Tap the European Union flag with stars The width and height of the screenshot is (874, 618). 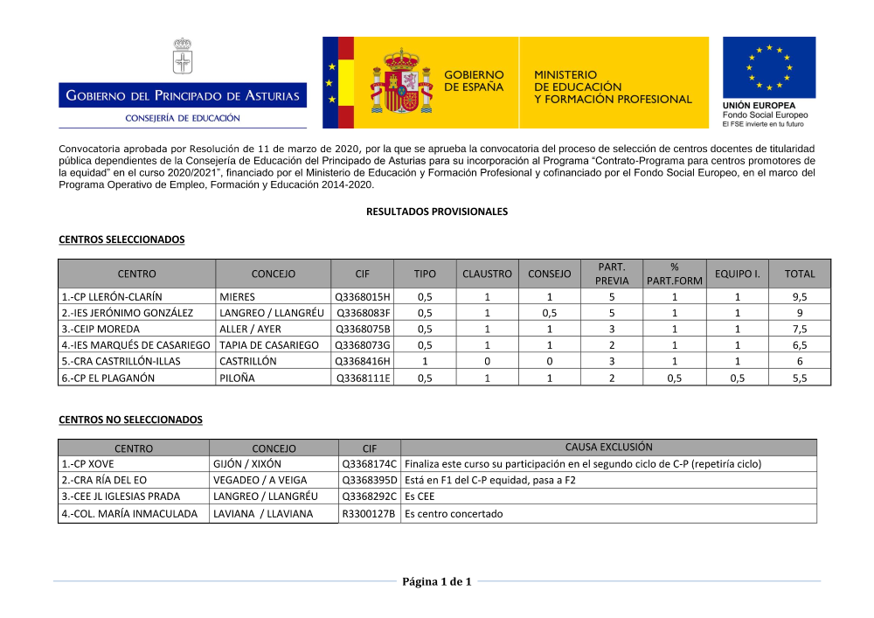pyautogui.click(x=768, y=67)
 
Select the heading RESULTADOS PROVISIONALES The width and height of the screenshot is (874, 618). pyautogui.click(x=436, y=212)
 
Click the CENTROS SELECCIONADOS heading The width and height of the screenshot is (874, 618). pyautogui.click(x=121, y=240)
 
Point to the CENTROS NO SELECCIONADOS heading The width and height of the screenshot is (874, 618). pyautogui.click(x=130, y=420)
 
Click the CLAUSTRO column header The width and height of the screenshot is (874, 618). pyautogui.click(x=487, y=274)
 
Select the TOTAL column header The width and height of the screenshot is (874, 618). pyautogui.click(x=799, y=274)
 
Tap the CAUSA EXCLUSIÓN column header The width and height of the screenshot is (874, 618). pyautogui.click(x=608, y=448)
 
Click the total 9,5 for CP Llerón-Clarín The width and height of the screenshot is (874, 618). pyautogui.click(x=799, y=297)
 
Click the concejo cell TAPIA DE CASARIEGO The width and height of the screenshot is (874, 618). pyautogui.click(x=269, y=345)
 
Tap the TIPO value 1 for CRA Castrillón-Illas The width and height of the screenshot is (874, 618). pyautogui.click(x=425, y=361)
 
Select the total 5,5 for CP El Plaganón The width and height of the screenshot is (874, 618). pyautogui.click(x=799, y=378)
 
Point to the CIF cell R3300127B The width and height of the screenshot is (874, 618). pyautogui.click(x=369, y=514)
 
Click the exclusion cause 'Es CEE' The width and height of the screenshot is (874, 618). pyautogui.click(x=420, y=497)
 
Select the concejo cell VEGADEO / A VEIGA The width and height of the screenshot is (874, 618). pyautogui.click(x=259, y=481)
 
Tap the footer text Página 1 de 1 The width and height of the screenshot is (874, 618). pyautogui.click(x=436, y=582)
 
